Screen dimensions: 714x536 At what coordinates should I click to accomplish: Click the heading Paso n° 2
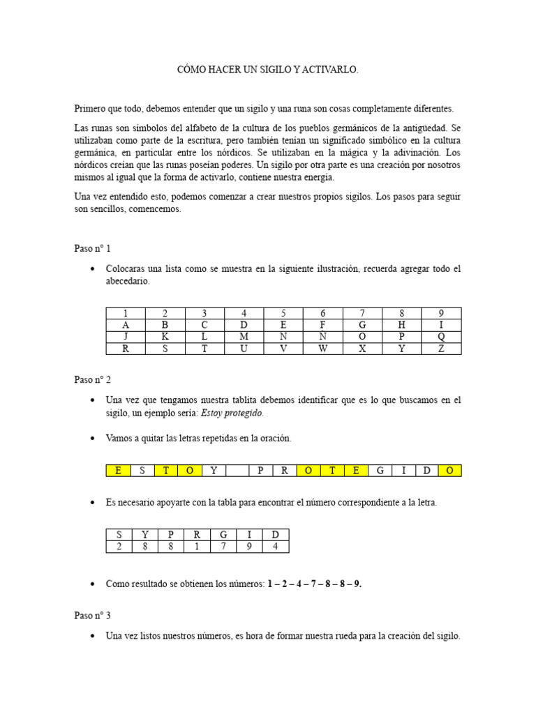(93, 380)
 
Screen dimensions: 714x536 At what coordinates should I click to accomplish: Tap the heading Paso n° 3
(93, 616)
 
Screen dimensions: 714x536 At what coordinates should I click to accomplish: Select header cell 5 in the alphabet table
(283, 313)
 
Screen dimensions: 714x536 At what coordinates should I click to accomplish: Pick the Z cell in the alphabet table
(441, 349)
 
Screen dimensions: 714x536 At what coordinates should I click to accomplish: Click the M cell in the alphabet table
(244, 337)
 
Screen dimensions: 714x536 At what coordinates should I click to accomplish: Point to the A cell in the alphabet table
(126, 325)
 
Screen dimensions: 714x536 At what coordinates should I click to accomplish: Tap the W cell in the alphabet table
(322, 349)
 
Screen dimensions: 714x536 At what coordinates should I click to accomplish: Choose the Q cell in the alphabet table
(441, 337)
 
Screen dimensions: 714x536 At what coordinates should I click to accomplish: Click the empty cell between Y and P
(237, 471)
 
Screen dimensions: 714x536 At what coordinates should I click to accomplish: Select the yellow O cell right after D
(450, 471)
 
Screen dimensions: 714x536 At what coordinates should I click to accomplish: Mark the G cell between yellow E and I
(380, 471)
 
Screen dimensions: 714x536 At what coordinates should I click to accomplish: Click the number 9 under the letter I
(249, 547)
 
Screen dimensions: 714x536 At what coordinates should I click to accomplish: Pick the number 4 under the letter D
(276, 547)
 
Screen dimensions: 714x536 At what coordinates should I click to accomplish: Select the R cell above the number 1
(198, 535)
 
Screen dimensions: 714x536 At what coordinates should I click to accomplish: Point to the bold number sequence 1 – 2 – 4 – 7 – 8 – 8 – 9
(314, 584)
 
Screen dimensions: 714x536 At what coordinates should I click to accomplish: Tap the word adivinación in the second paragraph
(412, 153)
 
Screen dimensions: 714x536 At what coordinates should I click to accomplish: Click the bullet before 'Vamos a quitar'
(93, 439)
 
